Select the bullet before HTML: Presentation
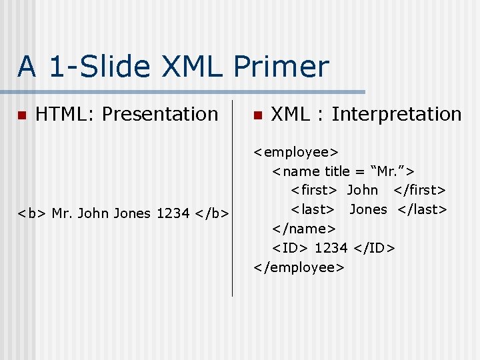(21, 115)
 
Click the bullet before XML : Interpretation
(257, 115)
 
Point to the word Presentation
(160, 115)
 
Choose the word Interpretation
(396, 115)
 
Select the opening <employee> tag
(296, 152)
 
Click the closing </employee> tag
(299, 267)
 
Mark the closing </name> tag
(303, 229)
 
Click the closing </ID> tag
(374, 248)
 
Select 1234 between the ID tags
(331, 248)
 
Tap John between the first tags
(362, 191)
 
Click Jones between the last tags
(368, 209)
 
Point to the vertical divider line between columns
(232, 200)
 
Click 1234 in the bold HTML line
(173, 214)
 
